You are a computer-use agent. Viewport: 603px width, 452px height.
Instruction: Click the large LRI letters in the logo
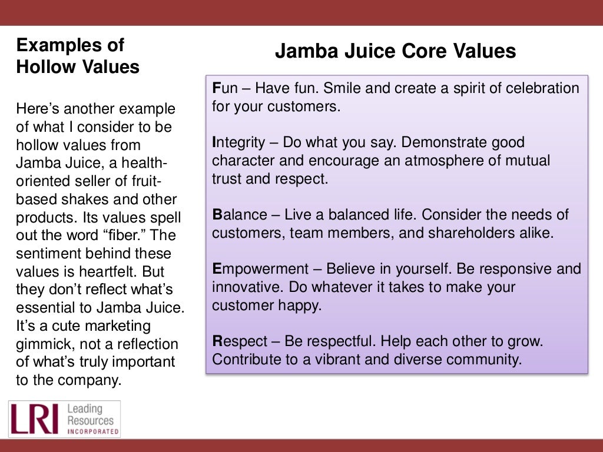[34, 419]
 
